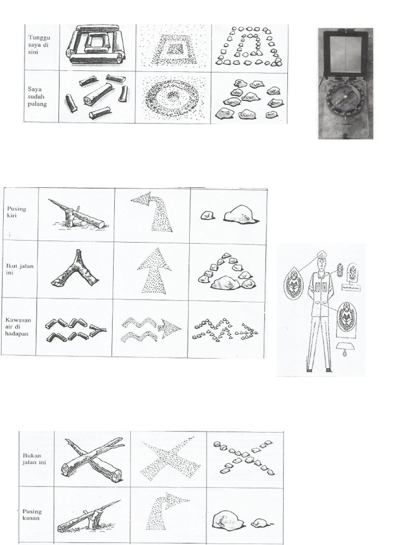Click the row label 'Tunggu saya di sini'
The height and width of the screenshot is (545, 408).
coord(40,46)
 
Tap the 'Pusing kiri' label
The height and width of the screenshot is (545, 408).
coord(16,212)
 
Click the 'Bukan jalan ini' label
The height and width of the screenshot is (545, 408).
coord(35,459)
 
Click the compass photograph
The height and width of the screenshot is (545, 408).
coord(345,84)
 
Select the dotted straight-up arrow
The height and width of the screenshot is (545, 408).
coord(154,270)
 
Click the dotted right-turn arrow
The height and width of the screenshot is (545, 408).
coord(165,511)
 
